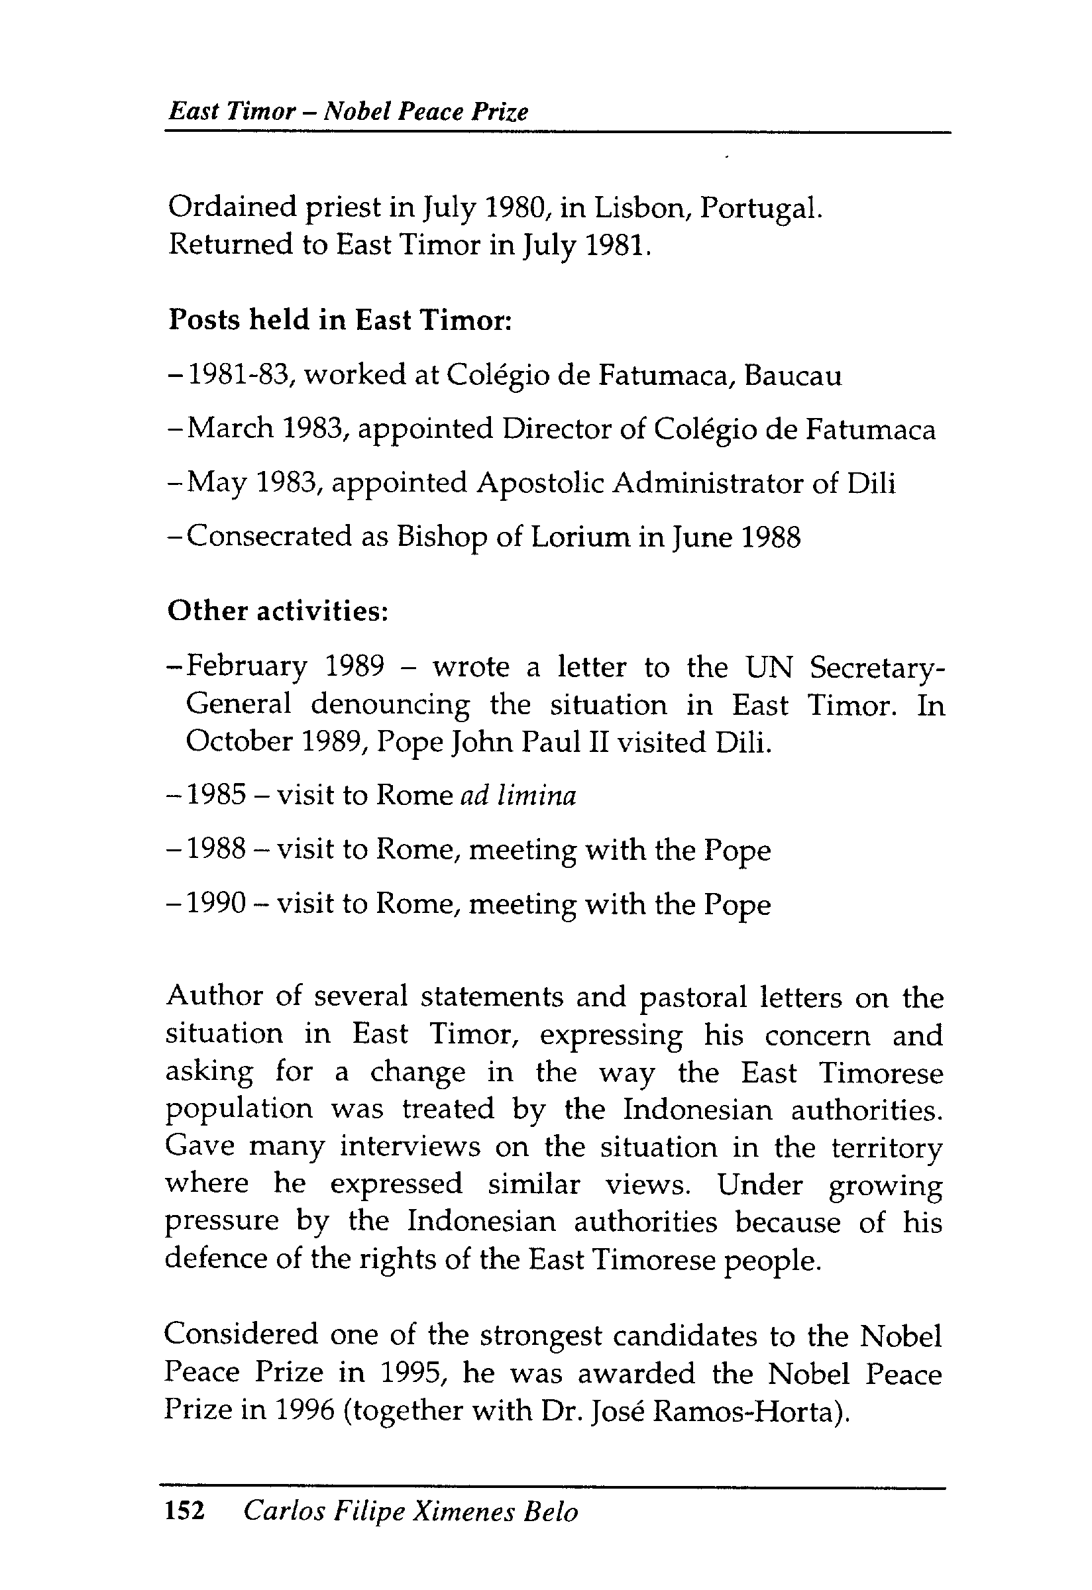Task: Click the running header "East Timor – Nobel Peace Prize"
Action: click(x=349, y=111)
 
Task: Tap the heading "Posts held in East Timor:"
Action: click(x=340, y=320)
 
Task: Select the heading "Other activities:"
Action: click(x=278, y=611)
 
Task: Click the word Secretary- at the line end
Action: click(x=877, y=667)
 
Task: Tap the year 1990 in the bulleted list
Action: click(x=216, y=904)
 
